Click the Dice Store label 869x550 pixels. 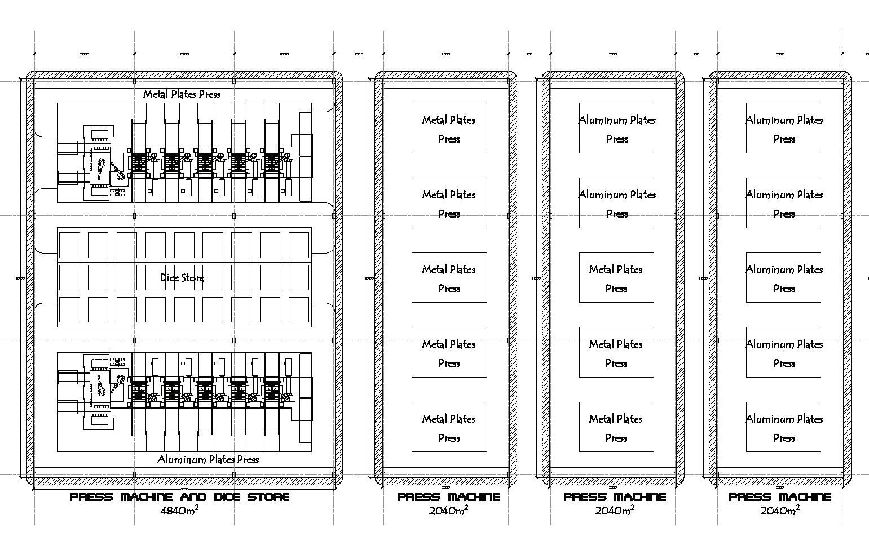182,277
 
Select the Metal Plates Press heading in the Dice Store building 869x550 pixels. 182,94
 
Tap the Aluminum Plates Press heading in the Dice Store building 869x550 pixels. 208,459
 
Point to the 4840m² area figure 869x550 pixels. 179,511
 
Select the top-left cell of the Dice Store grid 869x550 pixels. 69,245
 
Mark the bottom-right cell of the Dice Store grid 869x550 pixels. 299,309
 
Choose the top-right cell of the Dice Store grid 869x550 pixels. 299,245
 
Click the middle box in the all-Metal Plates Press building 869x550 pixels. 449,277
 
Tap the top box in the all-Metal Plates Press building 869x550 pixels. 449,128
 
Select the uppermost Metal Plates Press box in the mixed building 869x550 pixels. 616,277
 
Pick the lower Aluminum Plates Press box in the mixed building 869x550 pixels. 616,203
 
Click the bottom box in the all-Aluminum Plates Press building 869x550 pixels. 783,427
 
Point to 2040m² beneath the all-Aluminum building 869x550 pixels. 780,511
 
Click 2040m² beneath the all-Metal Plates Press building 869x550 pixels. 448,511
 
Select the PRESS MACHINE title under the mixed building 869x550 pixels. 615,497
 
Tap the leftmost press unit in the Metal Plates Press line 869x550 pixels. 139,163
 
